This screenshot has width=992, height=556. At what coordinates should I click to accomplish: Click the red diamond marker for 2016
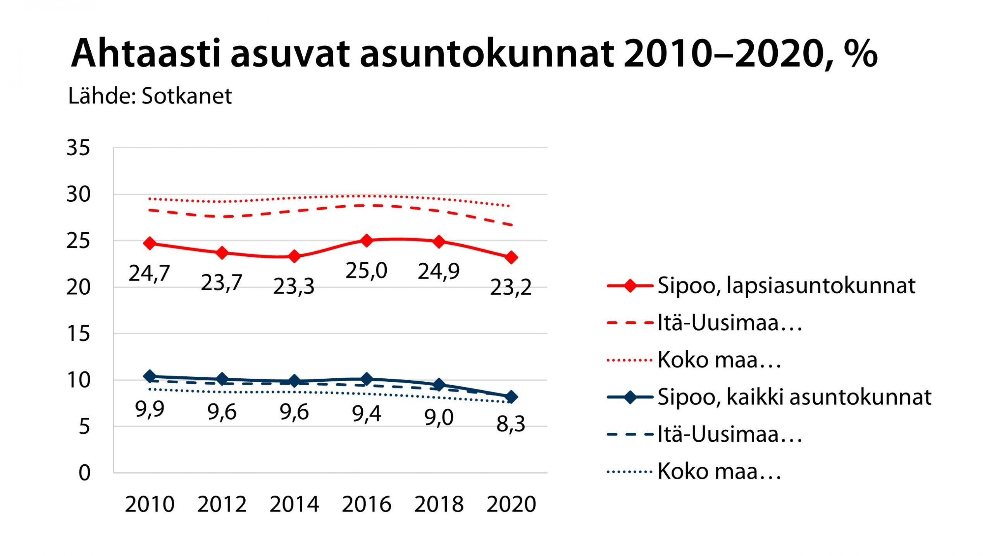[x=367, y=240]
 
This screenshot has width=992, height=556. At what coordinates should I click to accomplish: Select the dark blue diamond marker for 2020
[x=511, y=397]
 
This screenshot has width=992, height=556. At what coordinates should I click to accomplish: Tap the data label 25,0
[x=366, y=270]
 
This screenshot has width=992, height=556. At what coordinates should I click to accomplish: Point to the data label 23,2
[x=511, y=287]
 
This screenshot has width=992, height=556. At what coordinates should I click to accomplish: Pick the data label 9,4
[x=366, y=414]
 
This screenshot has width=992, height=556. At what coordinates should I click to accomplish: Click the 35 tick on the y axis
[x=78, y=148]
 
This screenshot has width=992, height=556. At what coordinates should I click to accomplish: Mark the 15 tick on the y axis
[x=78, y=334]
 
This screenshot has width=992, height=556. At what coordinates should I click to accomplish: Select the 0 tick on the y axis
[x=84, y=473]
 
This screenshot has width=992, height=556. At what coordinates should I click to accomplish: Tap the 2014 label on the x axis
[x=294, y=504]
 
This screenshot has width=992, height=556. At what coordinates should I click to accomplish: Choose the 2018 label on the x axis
[x=439, y=504]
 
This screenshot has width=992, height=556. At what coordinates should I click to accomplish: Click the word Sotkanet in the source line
[x=186, y=96]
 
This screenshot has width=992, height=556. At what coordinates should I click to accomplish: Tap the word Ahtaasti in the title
[x=146, y=53]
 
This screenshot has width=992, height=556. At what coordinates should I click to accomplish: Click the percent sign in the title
[x=859, y=53]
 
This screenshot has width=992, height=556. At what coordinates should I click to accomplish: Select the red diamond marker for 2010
[x=150, y=243]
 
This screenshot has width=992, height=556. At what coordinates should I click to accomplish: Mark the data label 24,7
[x=149, y=273]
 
